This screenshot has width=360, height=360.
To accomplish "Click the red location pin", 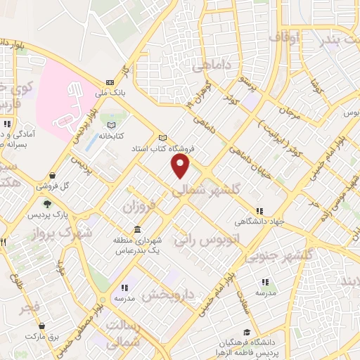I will point(181,167).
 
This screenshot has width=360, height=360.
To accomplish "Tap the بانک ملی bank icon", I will point(109,82).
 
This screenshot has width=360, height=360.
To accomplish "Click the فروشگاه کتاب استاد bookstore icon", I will point(163,137).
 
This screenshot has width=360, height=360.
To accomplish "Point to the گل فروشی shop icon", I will point(52,176).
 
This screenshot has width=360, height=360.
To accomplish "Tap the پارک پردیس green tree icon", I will point(48,203).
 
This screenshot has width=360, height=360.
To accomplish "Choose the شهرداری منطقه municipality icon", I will point(136,230).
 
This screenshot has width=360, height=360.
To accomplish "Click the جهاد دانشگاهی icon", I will point(259,210).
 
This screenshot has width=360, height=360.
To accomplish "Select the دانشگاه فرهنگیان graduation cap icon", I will point(245,332).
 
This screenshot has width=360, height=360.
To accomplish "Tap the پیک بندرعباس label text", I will point(134,251).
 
